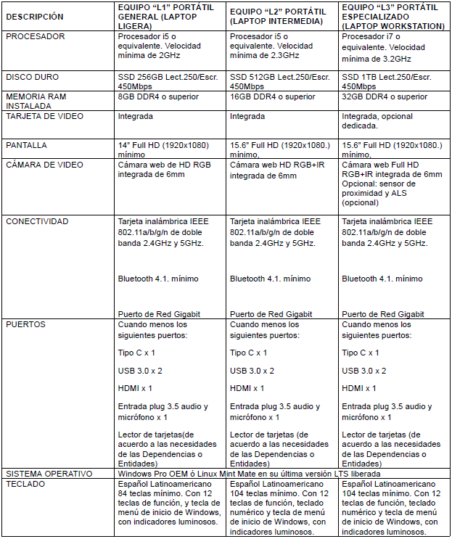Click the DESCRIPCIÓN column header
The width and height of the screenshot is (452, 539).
[x=34, y=16]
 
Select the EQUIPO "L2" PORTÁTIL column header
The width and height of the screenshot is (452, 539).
[x=279, y=16]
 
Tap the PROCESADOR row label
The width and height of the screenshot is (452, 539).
[x=36, y=36]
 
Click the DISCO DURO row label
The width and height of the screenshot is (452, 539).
[x=33, y=77]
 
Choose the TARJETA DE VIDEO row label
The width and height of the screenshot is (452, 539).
[x=44, y=116]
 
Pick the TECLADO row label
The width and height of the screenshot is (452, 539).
[x=25, y=483]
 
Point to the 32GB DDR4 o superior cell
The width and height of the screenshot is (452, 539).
[x=385, y=96]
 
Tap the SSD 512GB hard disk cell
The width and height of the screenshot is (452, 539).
[x=279, y=81]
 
